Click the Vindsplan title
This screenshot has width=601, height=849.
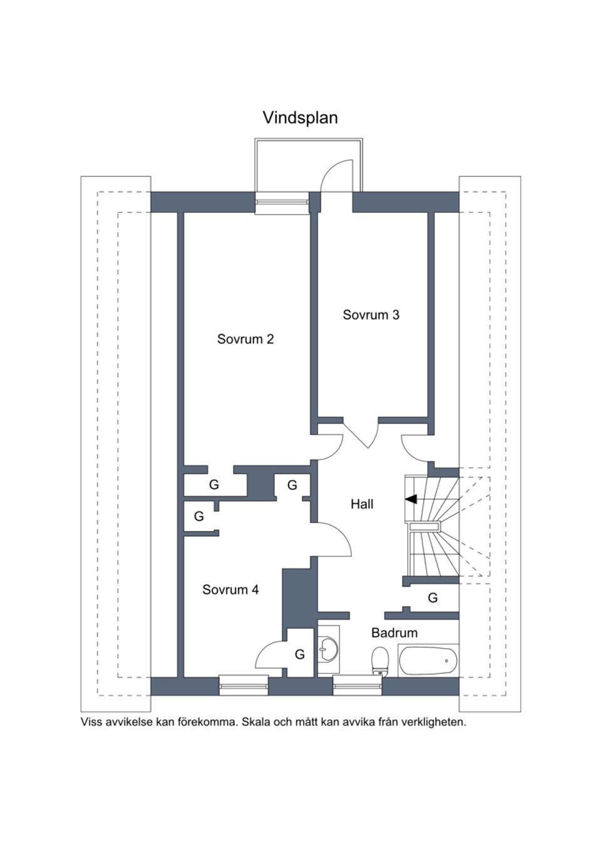300,118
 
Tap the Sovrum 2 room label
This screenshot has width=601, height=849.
245,339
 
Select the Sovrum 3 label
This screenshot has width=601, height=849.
371,315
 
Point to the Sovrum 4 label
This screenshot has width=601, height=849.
230,589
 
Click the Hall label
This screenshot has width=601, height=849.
362,504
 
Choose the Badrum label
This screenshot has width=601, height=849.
394,633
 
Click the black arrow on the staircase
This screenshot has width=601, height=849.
411,499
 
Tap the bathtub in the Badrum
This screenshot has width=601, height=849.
428,660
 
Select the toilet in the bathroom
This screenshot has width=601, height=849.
379,661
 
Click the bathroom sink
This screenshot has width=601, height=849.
327,649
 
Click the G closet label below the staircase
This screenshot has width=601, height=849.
433,597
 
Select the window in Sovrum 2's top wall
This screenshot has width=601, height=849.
281,203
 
